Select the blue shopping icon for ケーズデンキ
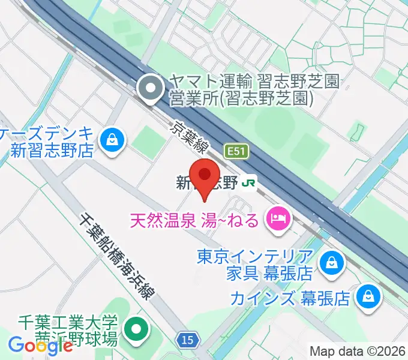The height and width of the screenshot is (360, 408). coord(112,140)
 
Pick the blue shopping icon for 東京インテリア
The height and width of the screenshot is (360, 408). coord(330,262)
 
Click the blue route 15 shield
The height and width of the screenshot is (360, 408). coord(188,340)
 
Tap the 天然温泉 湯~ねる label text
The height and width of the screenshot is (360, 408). coord(196,219)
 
